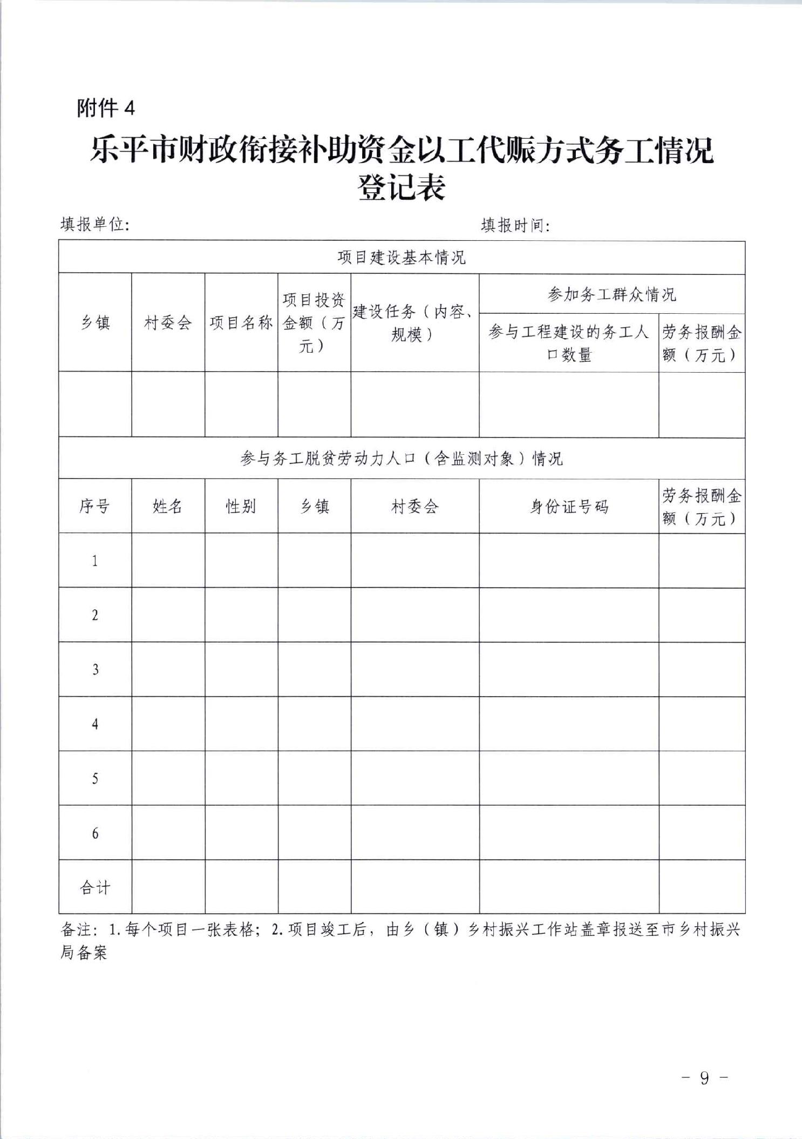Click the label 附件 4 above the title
coord(106,109)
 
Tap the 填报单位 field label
coord(94,224)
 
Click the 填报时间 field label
coord(515,225)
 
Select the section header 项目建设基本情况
coord(402,257)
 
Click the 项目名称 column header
coord(241,323)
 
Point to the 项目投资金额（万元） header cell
coord(314,323)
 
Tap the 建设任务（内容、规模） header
coord(414,323)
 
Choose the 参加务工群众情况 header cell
coord(611,294)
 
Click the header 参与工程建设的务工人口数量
coord(569,343)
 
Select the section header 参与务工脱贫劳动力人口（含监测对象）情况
coord(402,459)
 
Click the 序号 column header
coord(95,506)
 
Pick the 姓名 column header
coord(168,506)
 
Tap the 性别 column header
coord(241,506)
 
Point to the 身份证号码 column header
coord(569,507)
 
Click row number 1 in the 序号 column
coord(95,561)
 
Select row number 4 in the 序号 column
coord(95,724)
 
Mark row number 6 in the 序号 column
coord(95,833)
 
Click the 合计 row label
coord(95,887)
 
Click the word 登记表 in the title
coord(402,188)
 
